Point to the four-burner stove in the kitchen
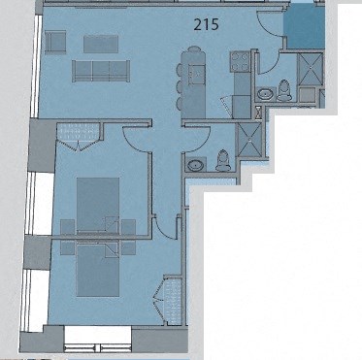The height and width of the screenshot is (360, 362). click(x=239, y=62)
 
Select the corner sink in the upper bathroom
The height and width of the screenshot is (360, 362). click(x=265, y=93)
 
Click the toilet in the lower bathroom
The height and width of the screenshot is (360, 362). click(x=222, y=159)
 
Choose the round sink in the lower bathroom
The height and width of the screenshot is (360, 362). click(x=197, y=164)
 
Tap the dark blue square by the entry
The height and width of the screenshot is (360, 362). click(x=302, y=25)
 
